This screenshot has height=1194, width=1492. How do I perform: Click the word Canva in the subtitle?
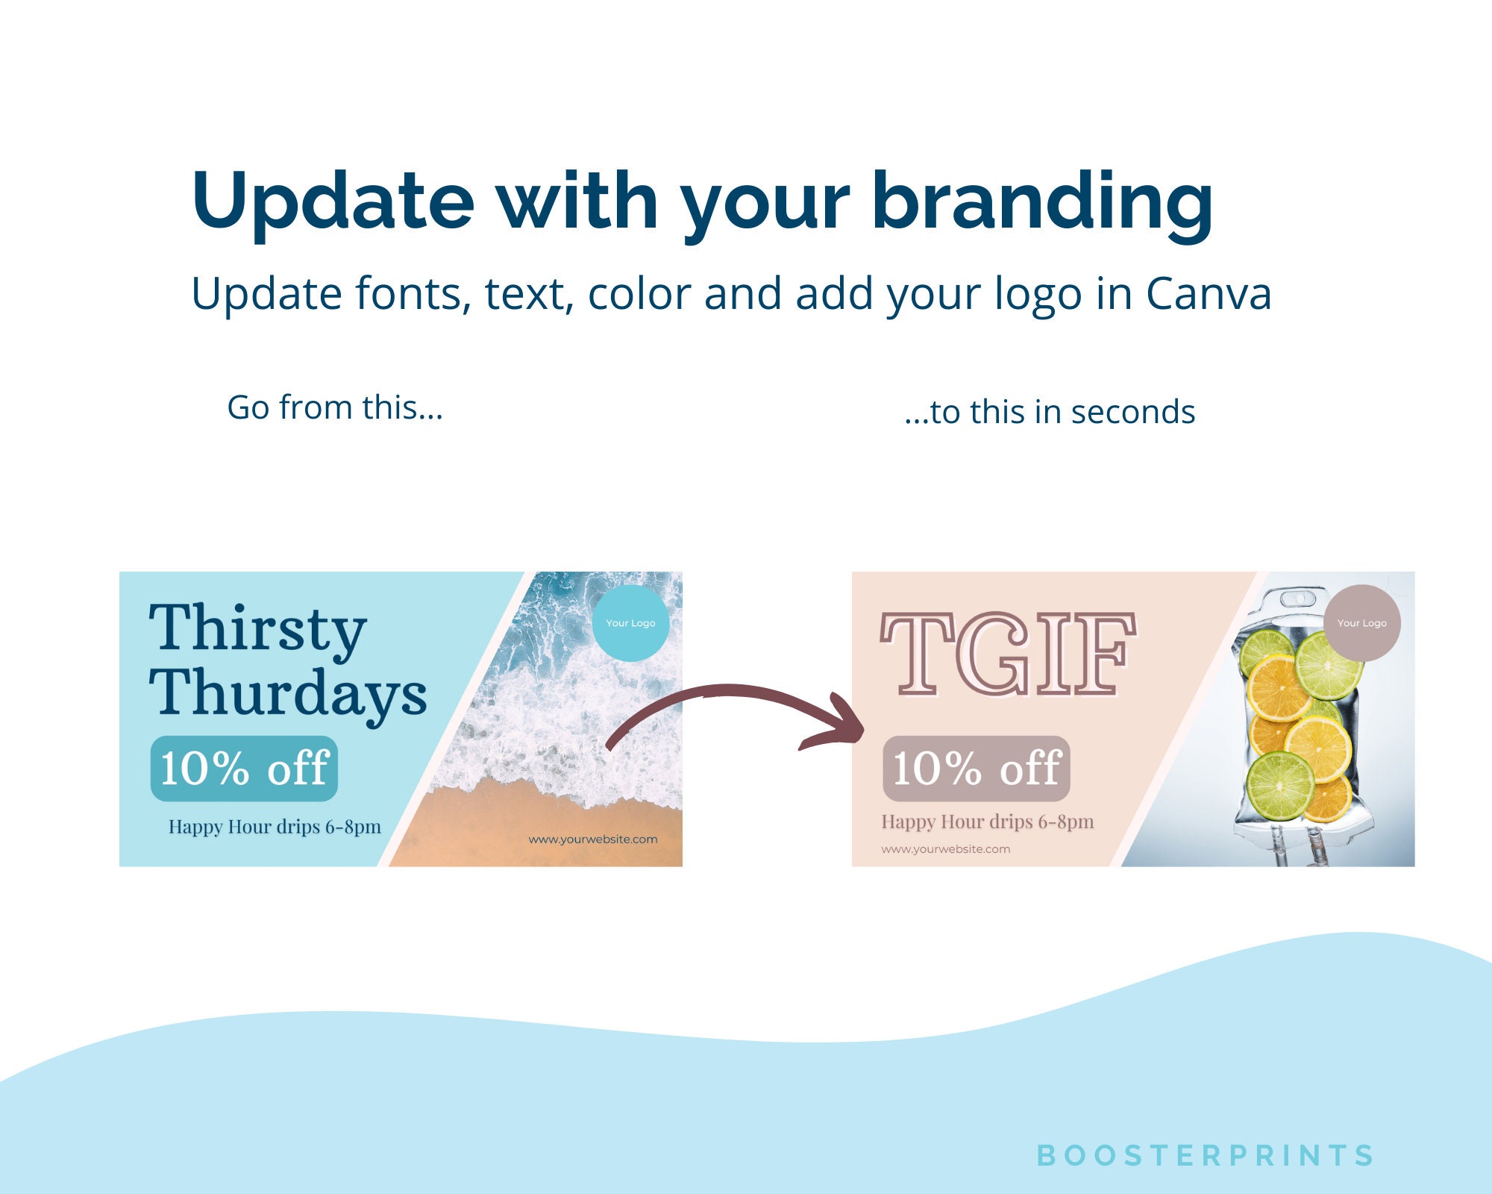click(1208, 293)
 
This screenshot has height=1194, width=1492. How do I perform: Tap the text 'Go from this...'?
click(335, 407)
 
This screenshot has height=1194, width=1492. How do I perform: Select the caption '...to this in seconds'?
click(1050, 412)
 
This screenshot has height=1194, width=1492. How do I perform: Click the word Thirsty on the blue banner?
click(257, 628)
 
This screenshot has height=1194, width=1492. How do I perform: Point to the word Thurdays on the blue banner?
click(288, 693)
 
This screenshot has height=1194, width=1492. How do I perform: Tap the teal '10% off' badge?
click(244, 769)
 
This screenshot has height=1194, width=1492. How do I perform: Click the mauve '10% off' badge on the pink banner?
click(977, 769)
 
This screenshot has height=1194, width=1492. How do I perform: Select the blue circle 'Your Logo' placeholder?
click(630, 623)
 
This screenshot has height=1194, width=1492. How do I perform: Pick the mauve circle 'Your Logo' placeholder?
click(1361, 623)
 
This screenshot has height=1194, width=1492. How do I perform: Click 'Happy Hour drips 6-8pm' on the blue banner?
click(275, 827)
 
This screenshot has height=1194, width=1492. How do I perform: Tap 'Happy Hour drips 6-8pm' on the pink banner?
click(988, 822)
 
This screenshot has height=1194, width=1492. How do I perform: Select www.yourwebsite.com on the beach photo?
click(593, 840)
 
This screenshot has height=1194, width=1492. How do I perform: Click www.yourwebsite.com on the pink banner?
click(945, 849)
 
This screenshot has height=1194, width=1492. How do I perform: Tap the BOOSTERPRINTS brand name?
click(1205, 1155)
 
